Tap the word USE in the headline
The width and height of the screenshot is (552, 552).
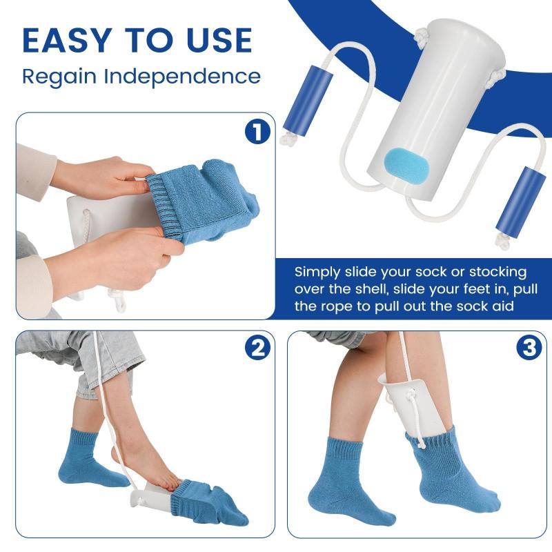[x=219, y=41]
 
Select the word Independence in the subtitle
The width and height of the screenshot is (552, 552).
[x=182, y=76]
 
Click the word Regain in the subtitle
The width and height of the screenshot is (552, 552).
[x=59, y=77]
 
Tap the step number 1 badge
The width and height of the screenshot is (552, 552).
[x=257, y=132]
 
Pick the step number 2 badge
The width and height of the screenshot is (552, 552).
[x=257, y=348]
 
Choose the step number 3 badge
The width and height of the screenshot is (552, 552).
[x=529, y=348]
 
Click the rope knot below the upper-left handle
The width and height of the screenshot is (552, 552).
[x=289, y=139]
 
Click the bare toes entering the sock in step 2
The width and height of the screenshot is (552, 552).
[x=172, y=485]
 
